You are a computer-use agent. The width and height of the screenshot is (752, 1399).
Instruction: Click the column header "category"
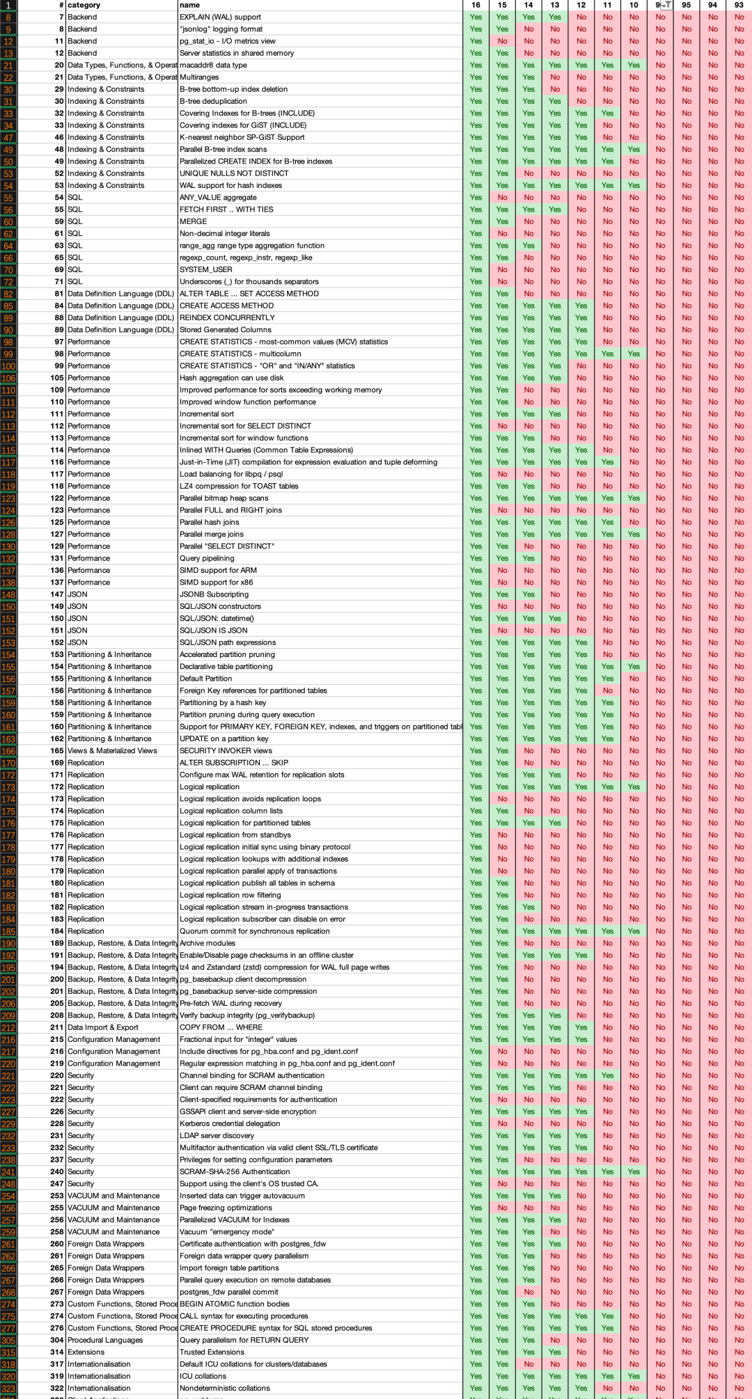(x=84, y=5)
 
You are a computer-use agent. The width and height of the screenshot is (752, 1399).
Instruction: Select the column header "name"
(x=189, y=5)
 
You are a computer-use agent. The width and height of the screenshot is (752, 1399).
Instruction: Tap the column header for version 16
(x=476, y=5)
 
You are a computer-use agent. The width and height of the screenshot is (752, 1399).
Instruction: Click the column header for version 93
(x=739, y=5)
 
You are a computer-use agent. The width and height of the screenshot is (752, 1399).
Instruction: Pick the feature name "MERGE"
(x=193, y=221)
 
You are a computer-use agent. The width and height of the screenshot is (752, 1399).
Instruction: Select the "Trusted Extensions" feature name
(x=212, y=1352)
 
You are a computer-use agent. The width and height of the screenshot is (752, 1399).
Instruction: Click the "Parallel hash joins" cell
(x=209, y=522)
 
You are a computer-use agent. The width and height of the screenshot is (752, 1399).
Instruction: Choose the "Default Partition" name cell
(x=205, y=679)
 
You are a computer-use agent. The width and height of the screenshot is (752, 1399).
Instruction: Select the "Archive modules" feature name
(x=207, y=943)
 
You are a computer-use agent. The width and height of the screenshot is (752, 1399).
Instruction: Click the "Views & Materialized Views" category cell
(x=112, y=750)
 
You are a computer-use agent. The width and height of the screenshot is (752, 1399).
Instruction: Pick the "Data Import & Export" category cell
(x=103, y=1027)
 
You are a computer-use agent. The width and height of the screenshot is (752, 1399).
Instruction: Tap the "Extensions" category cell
(x=86, y=1352)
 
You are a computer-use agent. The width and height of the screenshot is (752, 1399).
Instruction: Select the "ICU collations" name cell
(x=203, y=1376)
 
